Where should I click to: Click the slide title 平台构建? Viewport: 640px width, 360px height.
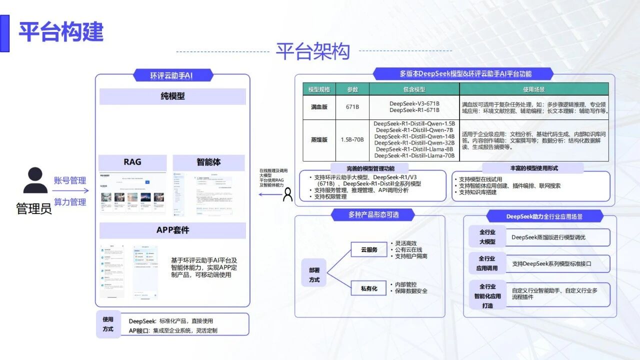[x=61, y=32]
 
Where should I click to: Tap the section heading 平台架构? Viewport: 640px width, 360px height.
[x=312, y=51]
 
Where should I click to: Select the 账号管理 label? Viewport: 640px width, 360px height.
[x=70, y=180]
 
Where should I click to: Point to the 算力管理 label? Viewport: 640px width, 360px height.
[x=70, y=202]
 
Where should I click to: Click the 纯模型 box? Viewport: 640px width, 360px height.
[x=172, y=96]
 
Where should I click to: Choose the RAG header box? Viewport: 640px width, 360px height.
[x=132, y=162]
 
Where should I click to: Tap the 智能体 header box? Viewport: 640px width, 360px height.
[x=208, y=162]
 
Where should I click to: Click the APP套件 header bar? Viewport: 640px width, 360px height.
[x=172, y=230]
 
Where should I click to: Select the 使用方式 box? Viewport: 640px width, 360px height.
[x=108, y=324]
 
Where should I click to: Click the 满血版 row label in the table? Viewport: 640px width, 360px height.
[x=319, y=107]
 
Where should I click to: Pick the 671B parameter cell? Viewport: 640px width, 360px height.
[x=353, y=107]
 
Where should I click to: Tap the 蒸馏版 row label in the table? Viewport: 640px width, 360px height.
[x=319, y=140]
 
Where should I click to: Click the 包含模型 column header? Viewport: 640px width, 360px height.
[x=414, y=89]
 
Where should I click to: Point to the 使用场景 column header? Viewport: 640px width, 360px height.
[x=534, y=89]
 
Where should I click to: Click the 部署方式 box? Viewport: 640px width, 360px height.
[x=314, y=274]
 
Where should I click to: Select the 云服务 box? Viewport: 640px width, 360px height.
[x=369, y=249]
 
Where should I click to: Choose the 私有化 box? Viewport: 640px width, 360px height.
[x=369, y=288]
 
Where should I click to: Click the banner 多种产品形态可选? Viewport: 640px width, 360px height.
[x=373, y=215]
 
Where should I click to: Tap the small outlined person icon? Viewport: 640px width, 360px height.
[x=287, y=194]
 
